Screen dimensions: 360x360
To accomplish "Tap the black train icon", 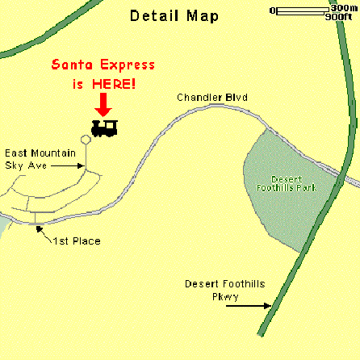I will click(x=105, y=128).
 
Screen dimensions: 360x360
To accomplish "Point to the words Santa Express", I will click(x=103, y=65).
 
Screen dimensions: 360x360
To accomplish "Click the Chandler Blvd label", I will click(x=212, y=98).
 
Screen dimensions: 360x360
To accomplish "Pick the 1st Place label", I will click(x=73, y=241).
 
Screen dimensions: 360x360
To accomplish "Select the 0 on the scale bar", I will click(x=274, y=10).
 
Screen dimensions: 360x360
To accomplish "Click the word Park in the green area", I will click(x=307, y=187).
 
